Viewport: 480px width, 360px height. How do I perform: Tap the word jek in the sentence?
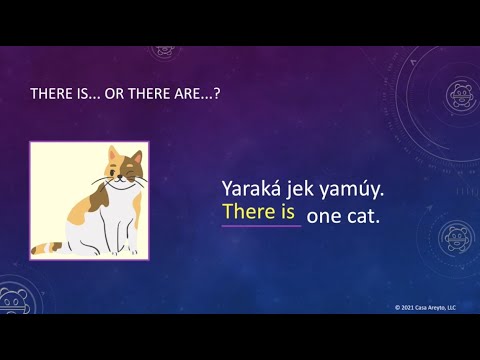303,187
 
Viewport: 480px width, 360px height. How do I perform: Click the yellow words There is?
259,212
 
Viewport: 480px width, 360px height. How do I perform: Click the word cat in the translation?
364,215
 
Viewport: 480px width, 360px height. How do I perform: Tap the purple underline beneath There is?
261,226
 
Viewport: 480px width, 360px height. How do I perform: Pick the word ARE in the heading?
200,95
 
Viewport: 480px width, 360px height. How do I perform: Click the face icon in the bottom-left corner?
13,300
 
